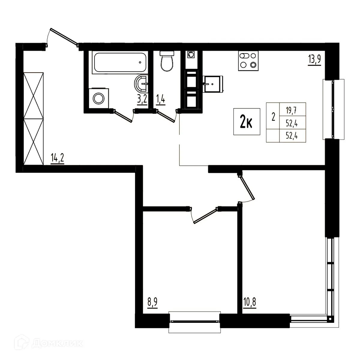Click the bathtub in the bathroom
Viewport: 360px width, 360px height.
click(120, 63)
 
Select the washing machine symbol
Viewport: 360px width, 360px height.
click(98, 98)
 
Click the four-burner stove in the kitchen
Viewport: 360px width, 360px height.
click(248, 61)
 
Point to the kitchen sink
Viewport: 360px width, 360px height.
click(213, 83)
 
